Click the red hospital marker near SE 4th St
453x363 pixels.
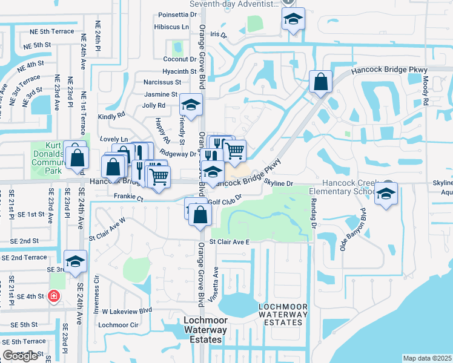53,296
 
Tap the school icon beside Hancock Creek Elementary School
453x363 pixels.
385,194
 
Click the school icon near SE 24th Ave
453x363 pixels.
76,261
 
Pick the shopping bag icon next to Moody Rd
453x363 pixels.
320,81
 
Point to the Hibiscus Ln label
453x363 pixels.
172,27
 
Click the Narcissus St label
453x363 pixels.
162,82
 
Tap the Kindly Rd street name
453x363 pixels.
111,115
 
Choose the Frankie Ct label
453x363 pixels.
128,197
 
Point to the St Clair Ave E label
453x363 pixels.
230,242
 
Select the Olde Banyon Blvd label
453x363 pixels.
354,231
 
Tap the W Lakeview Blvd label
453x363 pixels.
126,311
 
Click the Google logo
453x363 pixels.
21,356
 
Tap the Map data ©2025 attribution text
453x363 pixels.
427,358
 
